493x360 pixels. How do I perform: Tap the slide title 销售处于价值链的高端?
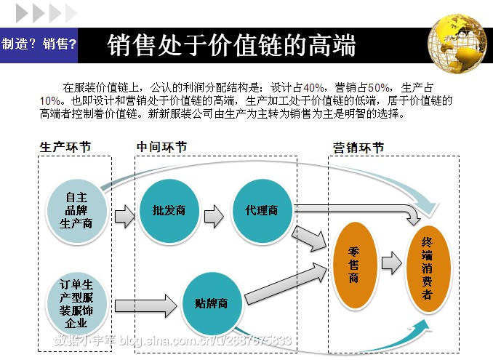231,45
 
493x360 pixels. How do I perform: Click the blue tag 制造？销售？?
39,44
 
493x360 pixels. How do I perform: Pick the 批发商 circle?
169,211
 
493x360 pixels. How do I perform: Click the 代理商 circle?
262,211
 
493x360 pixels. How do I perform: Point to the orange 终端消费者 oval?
427,269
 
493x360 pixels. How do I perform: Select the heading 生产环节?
65,147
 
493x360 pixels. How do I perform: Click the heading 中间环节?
161,147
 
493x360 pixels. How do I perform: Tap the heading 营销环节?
358,148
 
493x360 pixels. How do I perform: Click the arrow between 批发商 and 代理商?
214,216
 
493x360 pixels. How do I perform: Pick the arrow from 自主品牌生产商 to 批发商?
124,216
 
